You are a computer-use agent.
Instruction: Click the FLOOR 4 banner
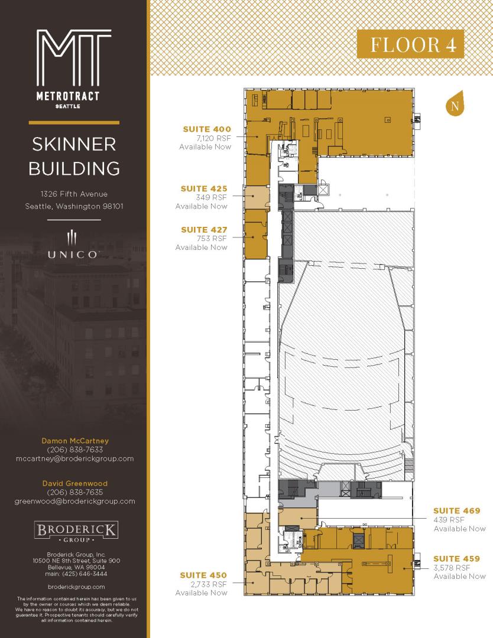[x=410, y=44]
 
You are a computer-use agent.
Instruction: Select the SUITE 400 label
[x=207, y=129]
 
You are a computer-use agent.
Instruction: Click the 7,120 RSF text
[x=213, y=138]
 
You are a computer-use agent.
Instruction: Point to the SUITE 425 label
[x=204, y=188]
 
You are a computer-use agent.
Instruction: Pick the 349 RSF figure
[x=211, y=197]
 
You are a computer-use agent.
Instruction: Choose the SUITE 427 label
[x=204, y=229]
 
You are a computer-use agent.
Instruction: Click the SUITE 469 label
[x=457, y=510]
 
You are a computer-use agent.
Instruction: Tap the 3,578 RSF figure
[x=452, y=568]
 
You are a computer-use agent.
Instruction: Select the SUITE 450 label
[x=203, y=575]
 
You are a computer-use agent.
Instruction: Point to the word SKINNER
[x=74, y=144]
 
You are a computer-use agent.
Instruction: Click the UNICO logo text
[x=73, y=255]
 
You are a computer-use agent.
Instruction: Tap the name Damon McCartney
[x=75, y=441]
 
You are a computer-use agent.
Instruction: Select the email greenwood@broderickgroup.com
[x=75, y=502]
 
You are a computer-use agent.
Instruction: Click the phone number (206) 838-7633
[x=75, y=450]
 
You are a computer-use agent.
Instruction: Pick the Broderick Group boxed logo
[x=76, y=532]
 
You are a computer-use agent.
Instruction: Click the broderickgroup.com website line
[x=76, y=587]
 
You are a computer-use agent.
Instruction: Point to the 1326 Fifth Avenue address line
[x=74, y=194]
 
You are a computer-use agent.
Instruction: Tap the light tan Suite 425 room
[x=257, y=197]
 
